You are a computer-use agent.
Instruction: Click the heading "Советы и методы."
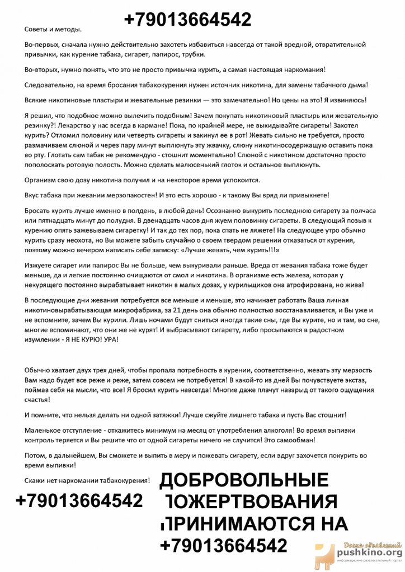click(53, 29)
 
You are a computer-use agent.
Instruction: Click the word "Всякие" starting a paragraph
click(36, 100)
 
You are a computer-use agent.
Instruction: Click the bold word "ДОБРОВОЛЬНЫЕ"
click(244, 480)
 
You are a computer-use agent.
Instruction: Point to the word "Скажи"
click(36, 480)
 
